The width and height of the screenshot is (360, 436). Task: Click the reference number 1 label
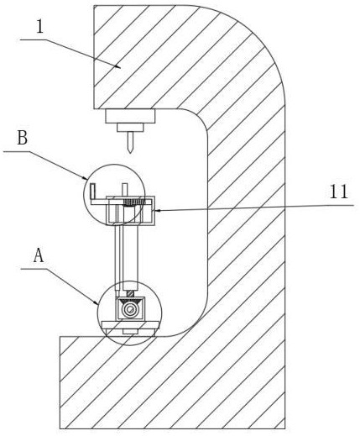tap(40, 27)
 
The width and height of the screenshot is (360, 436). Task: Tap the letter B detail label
tap(23, 138)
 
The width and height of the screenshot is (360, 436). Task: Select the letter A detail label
tap(39, 255)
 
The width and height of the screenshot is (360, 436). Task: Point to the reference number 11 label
tap(339, 192)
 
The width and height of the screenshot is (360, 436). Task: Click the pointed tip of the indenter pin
tap(130, 153)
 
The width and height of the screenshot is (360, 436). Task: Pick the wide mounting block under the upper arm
tap(130, 116)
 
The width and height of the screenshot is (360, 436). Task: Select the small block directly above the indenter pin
tap(130, 128)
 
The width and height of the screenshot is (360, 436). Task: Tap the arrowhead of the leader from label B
tap(87, 179)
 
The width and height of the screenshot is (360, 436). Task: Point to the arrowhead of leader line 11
tap(155, 210)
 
